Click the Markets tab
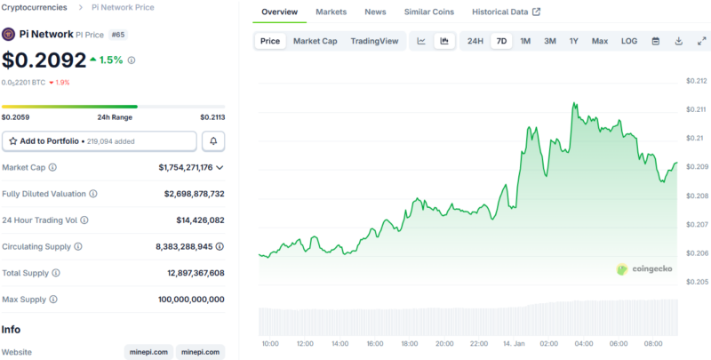[x=331, y=12]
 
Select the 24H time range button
[x=475, y=41]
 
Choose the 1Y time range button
[x=573, y=41]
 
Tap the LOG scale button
[x=628, y=41]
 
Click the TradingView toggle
[x=374, y=41]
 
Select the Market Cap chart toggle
[x=315, y=41]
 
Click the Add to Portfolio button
[x=100, y=141]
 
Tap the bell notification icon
[x=213, y=141]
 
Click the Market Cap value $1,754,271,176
[x=185, y=167]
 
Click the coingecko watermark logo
[x=647, y=268]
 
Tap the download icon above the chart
[x=679, y=41]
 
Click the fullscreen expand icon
[x=701, y=41]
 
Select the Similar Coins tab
[x=428, y=12]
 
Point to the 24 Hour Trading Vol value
[x=200, y=220]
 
